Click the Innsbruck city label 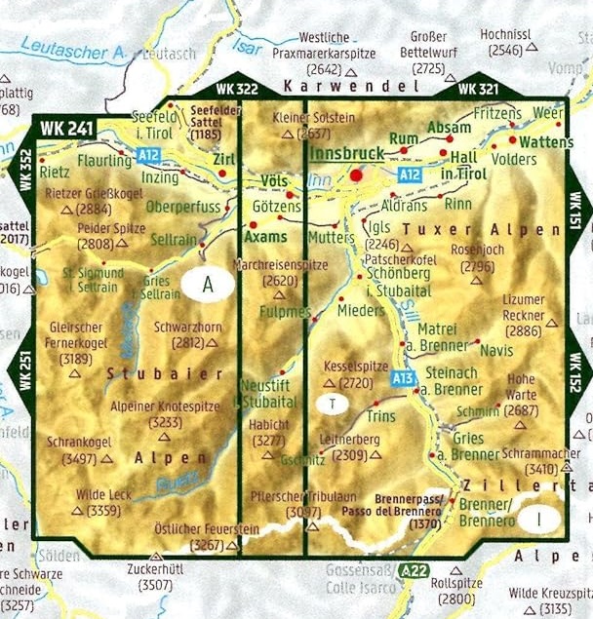[x=345, y=154]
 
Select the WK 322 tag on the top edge [x=237, y=89]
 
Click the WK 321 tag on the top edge [x=478, y=89]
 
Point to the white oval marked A [x=207, y=284]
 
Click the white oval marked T [x=333, y=403]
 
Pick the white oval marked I [x=538, y=519]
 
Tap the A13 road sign [x=405, y=377]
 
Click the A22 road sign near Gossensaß [x=415, y=571]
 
